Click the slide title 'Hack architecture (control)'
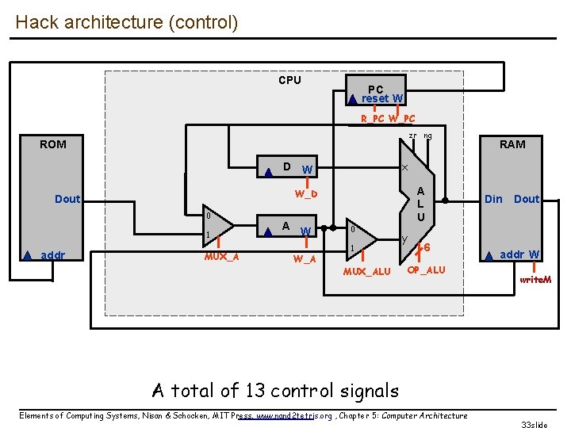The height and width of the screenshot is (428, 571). (x=126, y=22)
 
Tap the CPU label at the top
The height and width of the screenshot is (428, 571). (x=289, y=80)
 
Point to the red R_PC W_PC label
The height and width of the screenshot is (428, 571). (x=388, y=119)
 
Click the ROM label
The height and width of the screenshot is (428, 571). (x=53, y=144)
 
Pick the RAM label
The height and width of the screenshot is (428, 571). (x=512, y=144)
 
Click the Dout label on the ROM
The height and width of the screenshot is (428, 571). (x=67, y=199)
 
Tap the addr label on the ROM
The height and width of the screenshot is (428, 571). (x=53, y=255)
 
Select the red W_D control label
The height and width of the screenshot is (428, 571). (x=307, y=194)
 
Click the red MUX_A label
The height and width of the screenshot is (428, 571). (x=221, y=256)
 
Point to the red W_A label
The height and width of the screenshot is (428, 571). (x=305, y=258)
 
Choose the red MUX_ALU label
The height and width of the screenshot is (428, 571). (x=366, y=272)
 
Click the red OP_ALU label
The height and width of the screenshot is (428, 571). (x=426, y=270)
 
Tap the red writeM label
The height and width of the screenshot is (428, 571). (x=535, y=280)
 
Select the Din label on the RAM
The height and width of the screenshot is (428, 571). (x=493, y=199)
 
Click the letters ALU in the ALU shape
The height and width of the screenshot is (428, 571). (x=421, y=204)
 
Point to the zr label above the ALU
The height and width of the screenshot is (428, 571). (x=412, y=136)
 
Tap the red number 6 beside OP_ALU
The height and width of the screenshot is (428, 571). (x=427, y=248)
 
